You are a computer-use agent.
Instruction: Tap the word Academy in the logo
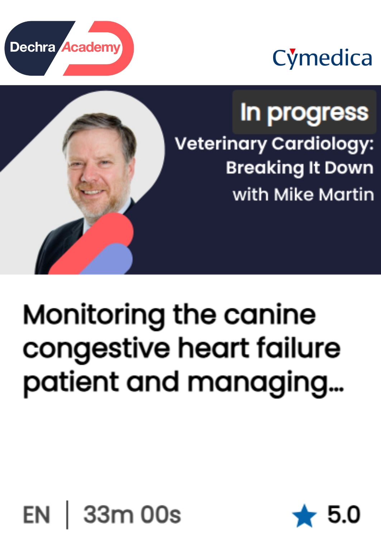coord(91,47)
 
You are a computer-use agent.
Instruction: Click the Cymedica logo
coord(322,59)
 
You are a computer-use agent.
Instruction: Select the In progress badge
coord(304,112)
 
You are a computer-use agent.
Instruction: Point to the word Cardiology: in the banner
coord(323,144)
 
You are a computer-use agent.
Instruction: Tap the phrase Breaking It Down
coord(300,168)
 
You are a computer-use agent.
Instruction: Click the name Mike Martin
coord(324,195)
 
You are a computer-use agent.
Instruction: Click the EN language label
coord(37,515)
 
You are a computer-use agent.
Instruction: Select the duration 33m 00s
coord(132,515)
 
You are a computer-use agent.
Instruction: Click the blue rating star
coord(304,516)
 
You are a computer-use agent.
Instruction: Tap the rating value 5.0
coord(344,514)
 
